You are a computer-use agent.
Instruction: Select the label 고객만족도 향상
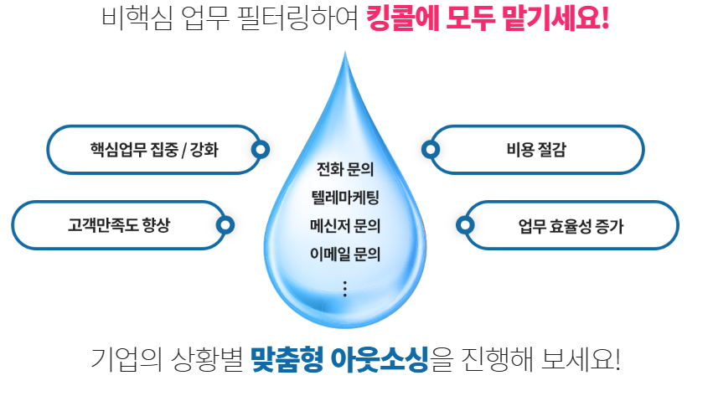(118, 225)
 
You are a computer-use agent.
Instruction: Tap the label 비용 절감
(535, 151)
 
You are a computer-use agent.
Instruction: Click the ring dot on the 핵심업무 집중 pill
(261, 151)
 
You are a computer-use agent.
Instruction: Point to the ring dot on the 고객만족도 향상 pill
(225, 225)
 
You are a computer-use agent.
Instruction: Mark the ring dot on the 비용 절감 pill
(431, 151)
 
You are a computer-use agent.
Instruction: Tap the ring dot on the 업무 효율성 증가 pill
(465, 225)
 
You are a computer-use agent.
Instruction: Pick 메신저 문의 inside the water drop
(344, 226)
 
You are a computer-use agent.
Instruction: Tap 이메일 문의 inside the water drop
(344, 253)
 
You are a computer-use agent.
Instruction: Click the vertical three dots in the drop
(344, 289)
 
